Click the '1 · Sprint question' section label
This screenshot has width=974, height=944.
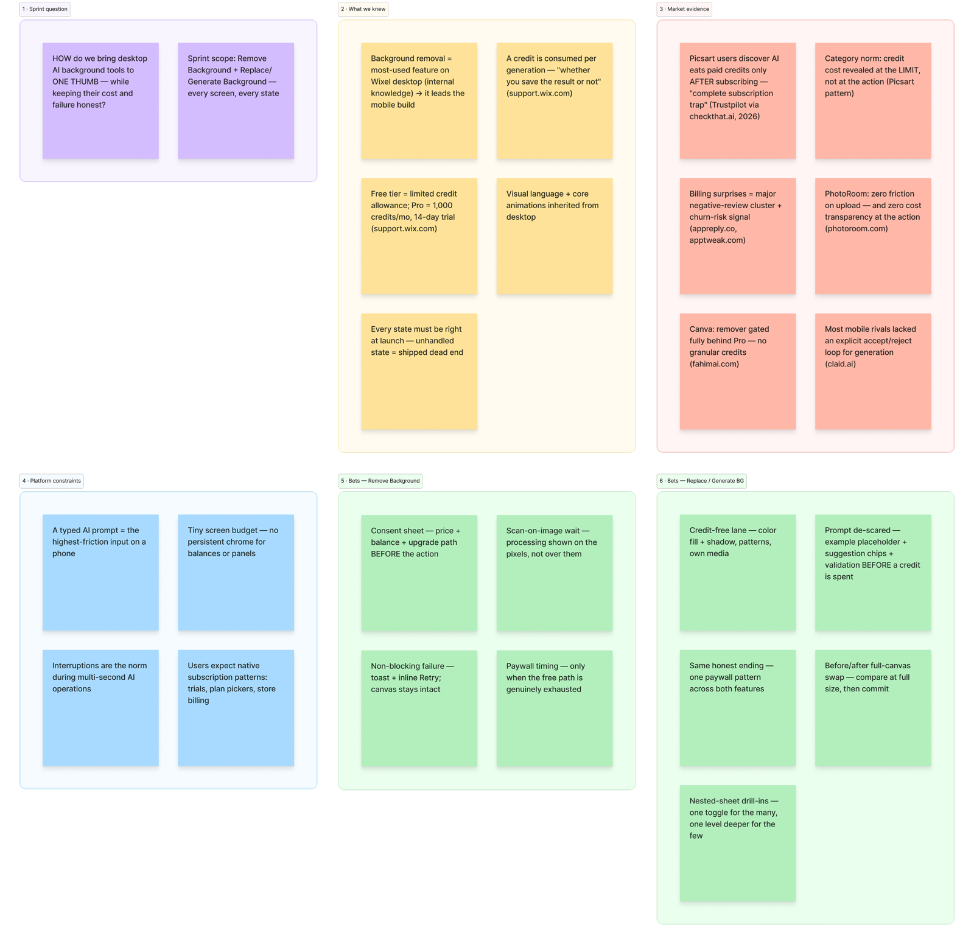45,9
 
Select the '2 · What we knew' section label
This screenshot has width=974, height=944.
363,9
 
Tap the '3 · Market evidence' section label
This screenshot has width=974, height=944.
684,9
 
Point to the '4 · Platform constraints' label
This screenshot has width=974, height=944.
52,481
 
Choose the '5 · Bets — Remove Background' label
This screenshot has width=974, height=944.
380,481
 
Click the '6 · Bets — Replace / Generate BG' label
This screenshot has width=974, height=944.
702,481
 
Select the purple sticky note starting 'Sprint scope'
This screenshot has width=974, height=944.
236,100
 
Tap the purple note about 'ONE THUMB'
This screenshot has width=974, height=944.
100,100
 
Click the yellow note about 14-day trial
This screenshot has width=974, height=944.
419,236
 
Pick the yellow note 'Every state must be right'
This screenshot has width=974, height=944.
419,371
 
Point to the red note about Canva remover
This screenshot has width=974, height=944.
738,371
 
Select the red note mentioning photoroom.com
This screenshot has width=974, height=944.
873,236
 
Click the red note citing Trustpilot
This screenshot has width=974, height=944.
738,100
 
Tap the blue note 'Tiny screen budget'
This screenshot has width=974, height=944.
236,573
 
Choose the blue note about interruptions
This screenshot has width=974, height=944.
100,708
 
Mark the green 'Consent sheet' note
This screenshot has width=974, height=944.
419,573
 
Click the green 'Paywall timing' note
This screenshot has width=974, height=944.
555,708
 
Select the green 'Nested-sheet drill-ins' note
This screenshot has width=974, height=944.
738,844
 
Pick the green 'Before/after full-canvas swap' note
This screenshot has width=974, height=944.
873,708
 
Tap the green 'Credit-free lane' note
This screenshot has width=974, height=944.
738,573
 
